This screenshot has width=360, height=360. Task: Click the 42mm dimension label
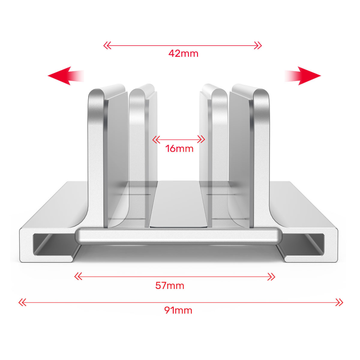pyautogui.click(x=183, y=54)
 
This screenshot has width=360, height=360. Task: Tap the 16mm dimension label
pyautogui.click(x=179, y=149)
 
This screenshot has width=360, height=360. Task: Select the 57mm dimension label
pyautogui.click(x=170, y=286)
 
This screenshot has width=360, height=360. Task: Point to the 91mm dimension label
pyautogui.click(x=178, y=310)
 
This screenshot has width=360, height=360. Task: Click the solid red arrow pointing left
pyautogui.click(x=66, y=76)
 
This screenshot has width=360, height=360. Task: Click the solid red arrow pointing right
pyautogui.click(x=302, y=76)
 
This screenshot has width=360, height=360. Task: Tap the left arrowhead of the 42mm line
pyautogui.click(x=107, y=45)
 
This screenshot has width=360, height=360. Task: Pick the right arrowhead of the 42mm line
pyautogui.click(x=258, y=45)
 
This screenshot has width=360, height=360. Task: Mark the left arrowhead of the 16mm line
pyautogui.click(x=156, y=139)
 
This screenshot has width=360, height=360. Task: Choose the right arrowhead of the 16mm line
pyautogui.click(x=201, y=139)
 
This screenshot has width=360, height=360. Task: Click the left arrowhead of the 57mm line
pyautogui.click(x=78, y=276)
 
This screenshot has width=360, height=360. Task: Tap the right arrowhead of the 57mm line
pyautogui.click(x=271, y=276)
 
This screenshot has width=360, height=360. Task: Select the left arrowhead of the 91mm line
pyautogui.click(x=22, y=302)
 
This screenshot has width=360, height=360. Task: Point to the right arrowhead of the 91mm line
pyautogui.click(x=339, y=302)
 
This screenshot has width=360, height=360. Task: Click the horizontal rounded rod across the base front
pyautogui.click(x=179, y=236)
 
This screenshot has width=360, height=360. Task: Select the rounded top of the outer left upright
pyautogui.click(x=97, y=94)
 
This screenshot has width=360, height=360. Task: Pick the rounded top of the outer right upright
pyautogui.click(x=261, y=94)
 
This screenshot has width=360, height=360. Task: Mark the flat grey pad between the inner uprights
pyautogui.click(x=179, y=204)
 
